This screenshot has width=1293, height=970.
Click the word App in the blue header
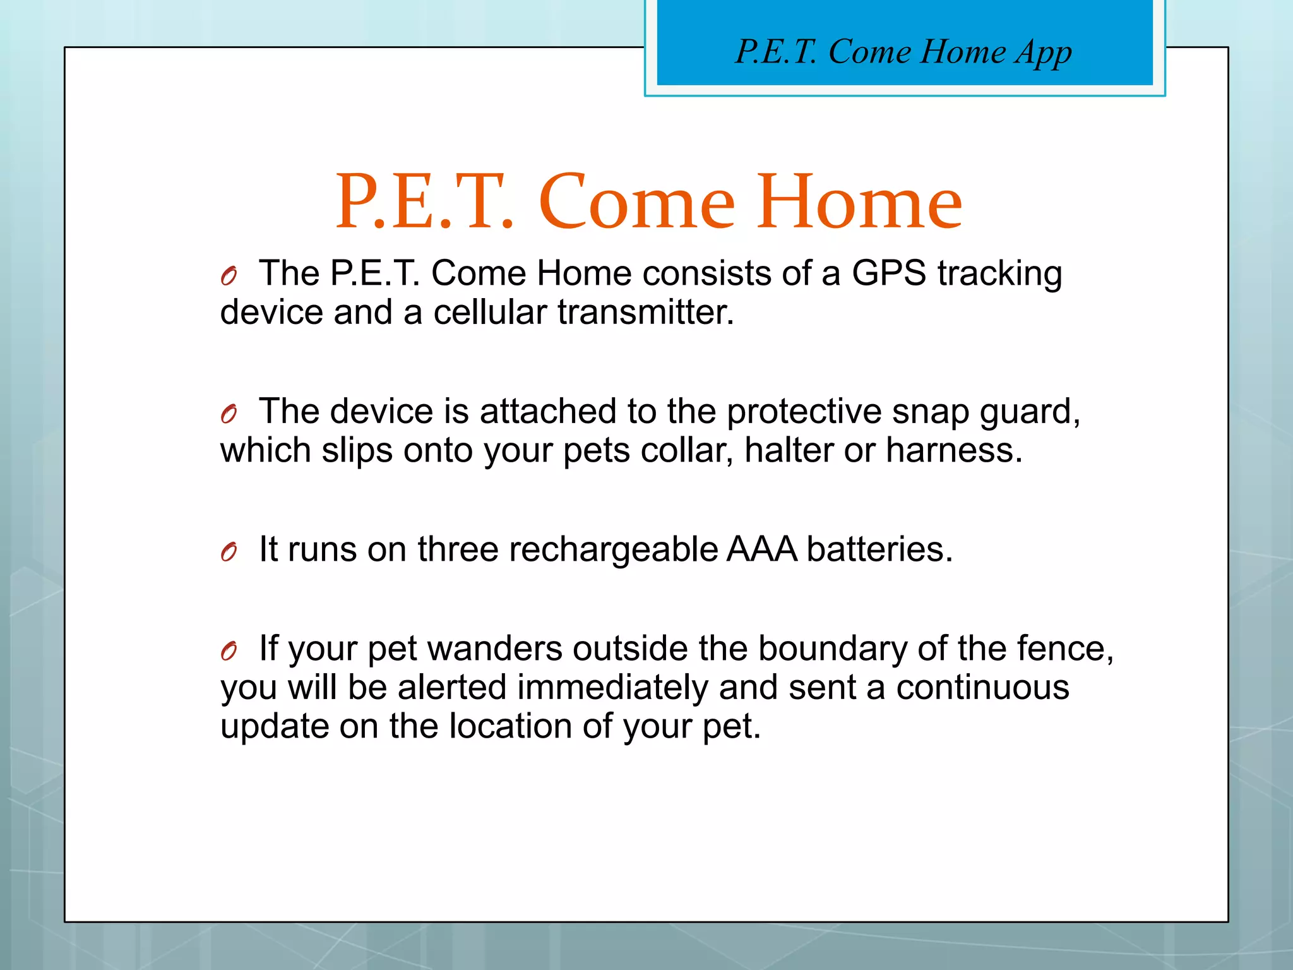pos(1043,53)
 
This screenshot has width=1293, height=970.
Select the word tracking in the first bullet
pos(999,275)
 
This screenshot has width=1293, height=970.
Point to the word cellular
pos(490,313)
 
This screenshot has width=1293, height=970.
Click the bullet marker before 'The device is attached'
pos(229,414)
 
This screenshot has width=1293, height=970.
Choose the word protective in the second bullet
pos(804,412)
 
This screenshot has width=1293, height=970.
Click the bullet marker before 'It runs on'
pos(229,553)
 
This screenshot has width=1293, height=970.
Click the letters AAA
pos(761,549)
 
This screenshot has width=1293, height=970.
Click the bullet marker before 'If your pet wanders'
pos(229,651)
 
